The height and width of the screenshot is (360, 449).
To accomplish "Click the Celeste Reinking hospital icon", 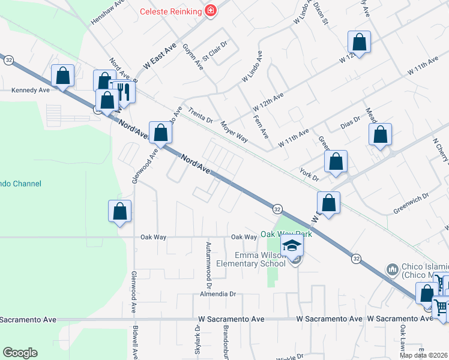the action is click(x=210, y=11).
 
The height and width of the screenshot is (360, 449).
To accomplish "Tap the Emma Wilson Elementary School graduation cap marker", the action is click(x=292, y=246).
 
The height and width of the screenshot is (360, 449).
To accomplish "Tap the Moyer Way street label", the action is click(x=234, y=130).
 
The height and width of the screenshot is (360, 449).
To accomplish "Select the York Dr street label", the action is click(x=310, y=171).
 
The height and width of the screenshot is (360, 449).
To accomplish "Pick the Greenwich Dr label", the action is click(x=411, y=203).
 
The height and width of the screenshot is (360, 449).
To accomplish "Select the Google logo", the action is click(x=20, y=353).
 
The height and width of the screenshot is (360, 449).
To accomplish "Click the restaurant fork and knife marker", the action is click(x=124, y=92).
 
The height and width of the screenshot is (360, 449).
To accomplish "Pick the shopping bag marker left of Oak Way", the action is click(x=120, y=211).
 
